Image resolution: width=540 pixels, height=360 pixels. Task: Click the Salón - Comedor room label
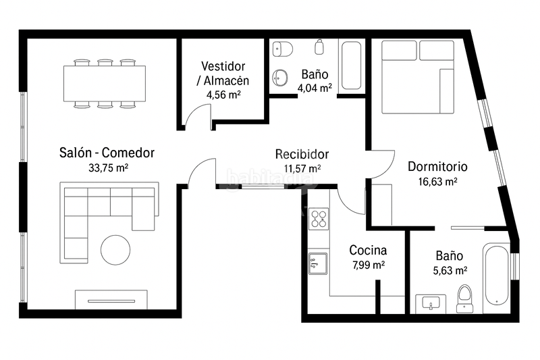[107, 153]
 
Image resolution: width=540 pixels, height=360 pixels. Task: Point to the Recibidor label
[302, 154]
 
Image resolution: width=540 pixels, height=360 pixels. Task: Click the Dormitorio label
[437, 167]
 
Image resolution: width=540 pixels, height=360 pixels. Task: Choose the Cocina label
[368, 250]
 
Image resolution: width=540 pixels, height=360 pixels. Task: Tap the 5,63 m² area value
[449, 270]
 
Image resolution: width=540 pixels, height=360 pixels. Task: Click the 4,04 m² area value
[315, 87]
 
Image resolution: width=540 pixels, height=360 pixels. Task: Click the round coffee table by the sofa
[115, 249]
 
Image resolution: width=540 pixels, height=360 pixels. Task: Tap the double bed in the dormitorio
[417, 76]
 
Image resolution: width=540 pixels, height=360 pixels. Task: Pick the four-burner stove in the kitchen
[318, 218]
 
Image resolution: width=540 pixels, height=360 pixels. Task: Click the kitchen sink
[318, 263]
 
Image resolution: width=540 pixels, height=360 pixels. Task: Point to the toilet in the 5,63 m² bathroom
[464, 298]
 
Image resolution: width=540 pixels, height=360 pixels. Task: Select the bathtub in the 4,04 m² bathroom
[351, 66]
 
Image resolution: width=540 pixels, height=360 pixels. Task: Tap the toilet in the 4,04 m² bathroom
[282, 49]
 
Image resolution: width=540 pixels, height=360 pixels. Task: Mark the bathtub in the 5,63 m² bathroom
[496, 275]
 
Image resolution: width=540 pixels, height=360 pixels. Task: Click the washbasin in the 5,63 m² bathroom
[429, 303]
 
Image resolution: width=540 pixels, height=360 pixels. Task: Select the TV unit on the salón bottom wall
[111, 299]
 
